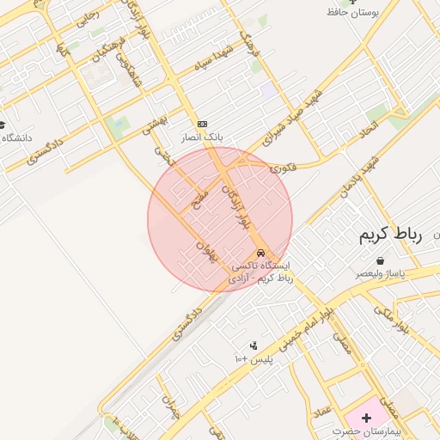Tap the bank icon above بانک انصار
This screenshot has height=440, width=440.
(202, 124)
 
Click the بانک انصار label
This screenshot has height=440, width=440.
(202, 137)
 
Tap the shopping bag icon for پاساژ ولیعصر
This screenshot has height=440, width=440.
(380, 260)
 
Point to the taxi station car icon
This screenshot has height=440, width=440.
(261, 253)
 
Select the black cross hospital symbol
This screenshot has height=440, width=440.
(367, 418)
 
